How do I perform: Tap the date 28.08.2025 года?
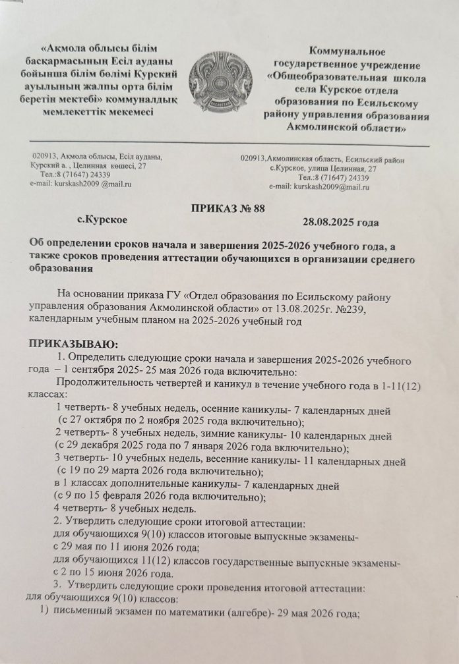tap(340, 221)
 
